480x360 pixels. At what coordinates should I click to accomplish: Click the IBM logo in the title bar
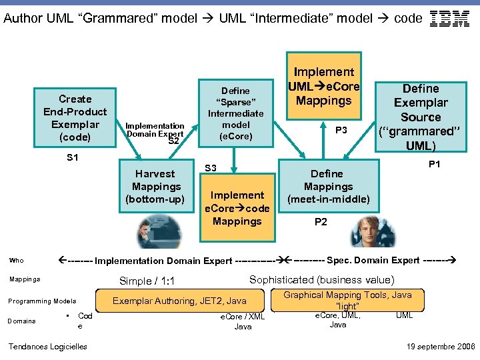click(x=450, y=19)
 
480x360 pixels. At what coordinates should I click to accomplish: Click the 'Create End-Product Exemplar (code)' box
click(x=75, y=118)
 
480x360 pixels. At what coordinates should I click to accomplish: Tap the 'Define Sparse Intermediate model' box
click(x=235, y=113)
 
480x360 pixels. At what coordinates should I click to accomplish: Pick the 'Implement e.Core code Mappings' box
click(x=237, y=208)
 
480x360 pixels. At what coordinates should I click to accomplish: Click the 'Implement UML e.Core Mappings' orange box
click(x=323, y=86)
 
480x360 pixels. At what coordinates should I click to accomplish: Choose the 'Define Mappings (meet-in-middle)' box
click(x=328, y=187)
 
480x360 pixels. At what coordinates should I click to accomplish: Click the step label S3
click(x=211, y=168)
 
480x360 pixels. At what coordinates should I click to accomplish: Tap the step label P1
click(x=435, y=163)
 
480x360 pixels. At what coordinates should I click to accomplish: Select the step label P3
click(x=341, y=130)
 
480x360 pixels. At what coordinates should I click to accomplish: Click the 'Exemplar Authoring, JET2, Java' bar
click(x=179, y=301)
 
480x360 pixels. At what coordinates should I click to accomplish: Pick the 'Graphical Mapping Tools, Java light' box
click(x=347, y=299)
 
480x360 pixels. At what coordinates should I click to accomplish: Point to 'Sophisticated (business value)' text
click(x=321, y=280)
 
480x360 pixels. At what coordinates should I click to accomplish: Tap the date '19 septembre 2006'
click(x=441, y=346)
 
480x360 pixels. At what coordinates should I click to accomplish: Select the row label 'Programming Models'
click(x=41, y=301)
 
